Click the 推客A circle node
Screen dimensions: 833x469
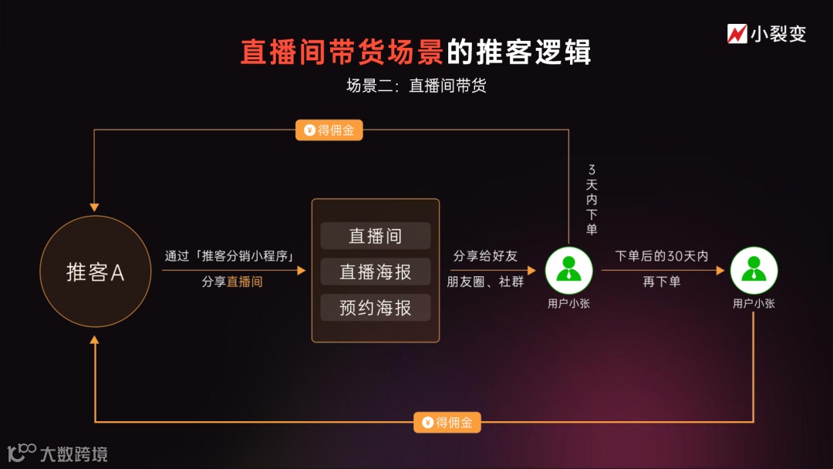click(x=95, y=272)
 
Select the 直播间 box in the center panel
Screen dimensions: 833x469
click(x=376, y=236)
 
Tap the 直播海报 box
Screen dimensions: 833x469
click(x=376, y=272)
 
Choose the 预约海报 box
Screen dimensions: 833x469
click(x=376, y=308)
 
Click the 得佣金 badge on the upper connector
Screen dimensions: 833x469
click(x=329, y=130)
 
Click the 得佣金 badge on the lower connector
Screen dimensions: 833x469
click(x=447, y=422)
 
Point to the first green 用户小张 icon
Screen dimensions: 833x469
click(x=569, y=270)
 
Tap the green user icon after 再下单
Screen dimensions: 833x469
click(x=754, y=270)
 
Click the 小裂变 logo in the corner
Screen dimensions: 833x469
click(x=767, y=34)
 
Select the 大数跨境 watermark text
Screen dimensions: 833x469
click(x=73, y=454)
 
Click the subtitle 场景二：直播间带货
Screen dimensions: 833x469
click(x=416, y=86)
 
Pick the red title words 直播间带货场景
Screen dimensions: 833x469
click(x=342, y=52)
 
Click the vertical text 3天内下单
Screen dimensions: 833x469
click(x=592, y=199)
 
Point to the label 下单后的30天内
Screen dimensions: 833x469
click(x=662, y=256)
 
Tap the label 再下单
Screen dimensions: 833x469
click(x=662, y=282)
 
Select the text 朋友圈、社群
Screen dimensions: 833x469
click(x=485, y=282)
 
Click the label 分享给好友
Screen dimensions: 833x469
click(x=485, y=256)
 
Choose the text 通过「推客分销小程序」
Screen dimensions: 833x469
click(x=232, y=256)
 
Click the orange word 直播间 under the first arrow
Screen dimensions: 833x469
click(x=245, y=282)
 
